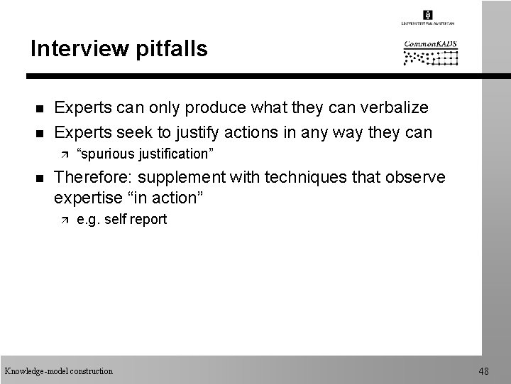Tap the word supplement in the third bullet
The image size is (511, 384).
pyautogui.click(x=187, y=177)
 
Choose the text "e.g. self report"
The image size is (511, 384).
pyautogui.click(x=121, y=220)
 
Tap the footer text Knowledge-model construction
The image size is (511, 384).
pyautogui.click(x=58, y=370)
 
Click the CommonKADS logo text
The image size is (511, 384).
pyautogui.click(x=431, y=43)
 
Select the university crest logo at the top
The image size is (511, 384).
pyautogui.click(x=427, y=15)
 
